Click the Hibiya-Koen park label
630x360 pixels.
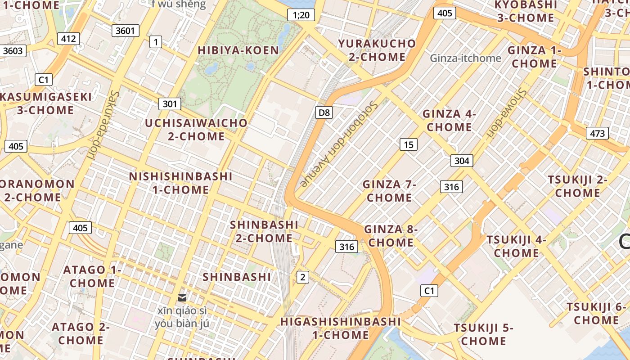click(x=238, y=50)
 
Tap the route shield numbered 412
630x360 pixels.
click(x=68, y=39)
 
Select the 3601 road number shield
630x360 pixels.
click(x=126, y=31)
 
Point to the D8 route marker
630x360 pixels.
click(x=324, y=112)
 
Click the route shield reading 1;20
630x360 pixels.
click(x=301, y=15)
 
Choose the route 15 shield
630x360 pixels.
click(x=408, y=144)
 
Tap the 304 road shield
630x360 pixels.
click(x=462, y=161)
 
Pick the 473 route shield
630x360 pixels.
click(x=597, y=133)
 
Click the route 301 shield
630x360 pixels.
click(x=170, y=104)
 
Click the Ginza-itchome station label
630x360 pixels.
click(x=465, y=58)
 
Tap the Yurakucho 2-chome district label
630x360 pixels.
click(x=377, y=50)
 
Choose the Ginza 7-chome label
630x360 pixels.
click(x=389, y=191)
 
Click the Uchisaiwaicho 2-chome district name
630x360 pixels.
click(x=196, y=130)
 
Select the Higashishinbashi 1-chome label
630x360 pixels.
click(x=340, y=328)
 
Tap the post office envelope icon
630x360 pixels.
click(x=182, y=297)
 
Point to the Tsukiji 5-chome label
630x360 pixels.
click(x=483, y=334)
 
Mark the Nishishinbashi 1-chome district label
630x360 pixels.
click(x=180, y=183)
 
